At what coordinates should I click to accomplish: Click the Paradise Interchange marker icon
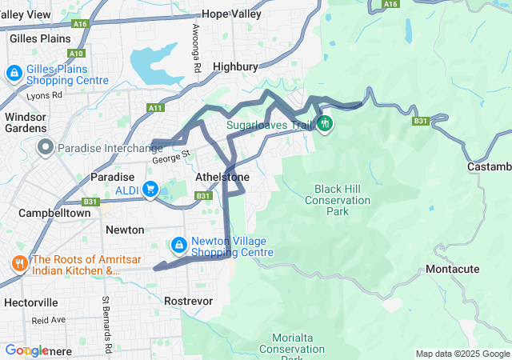coord(45,147)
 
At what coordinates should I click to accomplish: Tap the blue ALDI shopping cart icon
coord(150,190)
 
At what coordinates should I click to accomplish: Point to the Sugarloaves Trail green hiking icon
coord(325,125)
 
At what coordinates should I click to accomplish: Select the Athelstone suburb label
coord(222,177)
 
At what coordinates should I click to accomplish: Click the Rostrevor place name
coord(186,301)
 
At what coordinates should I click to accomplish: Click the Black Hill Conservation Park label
coord(338,195)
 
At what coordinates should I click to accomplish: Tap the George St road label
coord(173,154)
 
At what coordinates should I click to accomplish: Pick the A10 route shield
coord(76,54)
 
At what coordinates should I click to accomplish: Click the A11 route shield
coord(155,107)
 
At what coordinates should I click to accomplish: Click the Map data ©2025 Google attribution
coord(462,354)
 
